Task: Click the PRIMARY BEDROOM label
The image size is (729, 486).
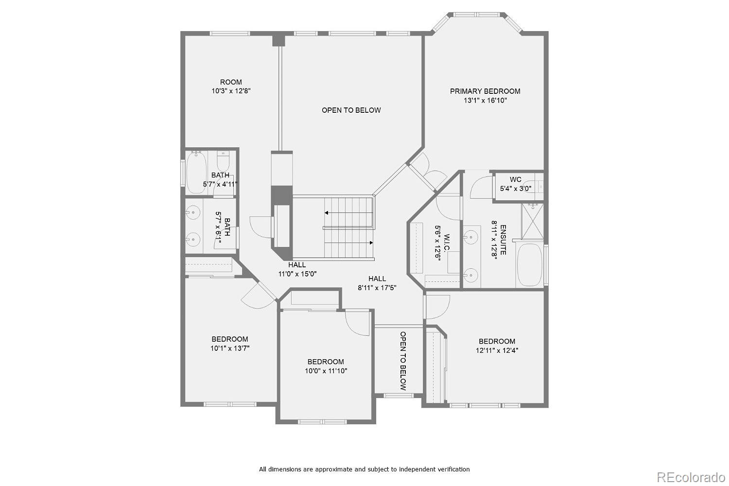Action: pyautogui.click(x=485, y=91)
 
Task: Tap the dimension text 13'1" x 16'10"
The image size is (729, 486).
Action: pyautogui.click(x=485, y=101)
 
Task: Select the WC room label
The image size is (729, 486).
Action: pyautogui.click(x=516, y=179)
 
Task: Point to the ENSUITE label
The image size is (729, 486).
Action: pyautogui.click(x=503, y=240)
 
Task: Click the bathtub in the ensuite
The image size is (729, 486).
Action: pyautogui.click(x=530, y=265)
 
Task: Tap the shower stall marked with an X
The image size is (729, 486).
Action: pyautogui.click(x=533, y=221)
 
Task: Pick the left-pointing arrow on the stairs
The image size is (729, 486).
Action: pyautogui.click(x=348, y=213)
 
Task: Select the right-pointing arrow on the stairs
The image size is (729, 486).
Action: pyautogui.click(x=348, y=243)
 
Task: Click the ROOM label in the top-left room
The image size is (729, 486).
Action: pyautogui.click(x=231, y=82)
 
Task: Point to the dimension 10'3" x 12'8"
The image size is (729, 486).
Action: pyautogui.click(x=231, y=91)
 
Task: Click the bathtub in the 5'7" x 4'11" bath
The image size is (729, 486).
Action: pyautogui.click(x=196, y=172)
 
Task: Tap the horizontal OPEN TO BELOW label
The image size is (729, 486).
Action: pyautogui.click(x=351, y=110)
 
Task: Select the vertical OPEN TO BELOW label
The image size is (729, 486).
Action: pyautogui.click(x=403, y=361)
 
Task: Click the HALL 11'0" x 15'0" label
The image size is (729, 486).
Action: pyautogui.click(x=297, y=269)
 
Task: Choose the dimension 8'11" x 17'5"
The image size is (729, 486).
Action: pyautogui.click(x=377, y=288)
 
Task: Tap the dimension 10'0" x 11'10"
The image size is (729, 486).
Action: pyautogui.click(x=326, y=371)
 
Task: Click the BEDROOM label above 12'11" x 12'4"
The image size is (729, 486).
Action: pyautogui.click(x=497, y=342)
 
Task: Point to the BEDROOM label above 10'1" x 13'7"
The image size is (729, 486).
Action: pyautogui.click(x=230, y=339)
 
